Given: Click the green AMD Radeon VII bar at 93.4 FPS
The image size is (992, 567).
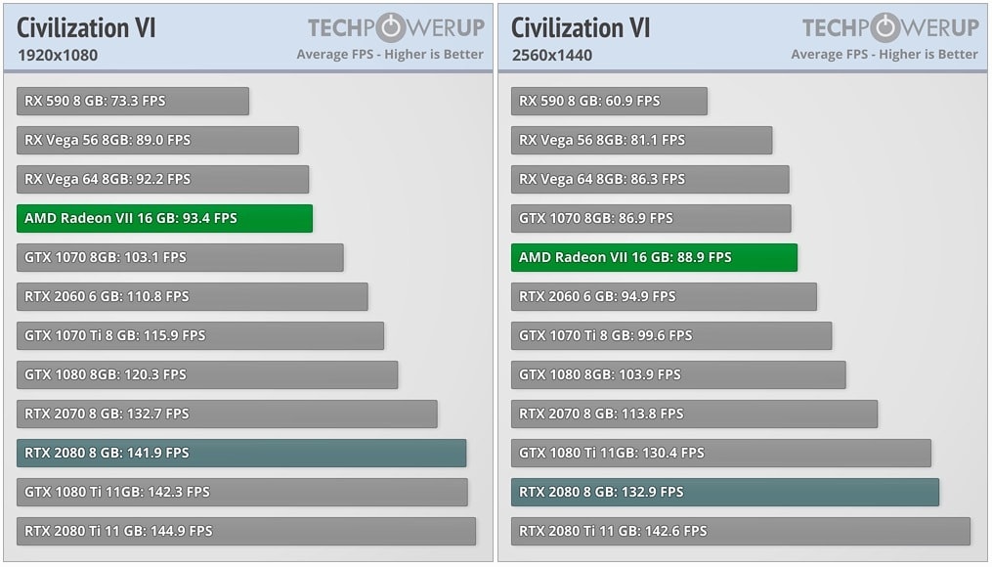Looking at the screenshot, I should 164,218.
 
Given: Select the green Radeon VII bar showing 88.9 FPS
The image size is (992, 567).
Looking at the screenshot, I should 654,257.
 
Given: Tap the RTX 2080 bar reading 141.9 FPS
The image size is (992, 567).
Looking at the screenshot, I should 241,453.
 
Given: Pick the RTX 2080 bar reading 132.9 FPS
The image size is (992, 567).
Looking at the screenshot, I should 724,492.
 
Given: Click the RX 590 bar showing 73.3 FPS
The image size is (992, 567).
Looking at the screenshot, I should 133,101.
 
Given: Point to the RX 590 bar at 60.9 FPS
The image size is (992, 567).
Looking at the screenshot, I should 609,101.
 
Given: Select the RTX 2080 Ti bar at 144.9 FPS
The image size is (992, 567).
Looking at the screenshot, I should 246,531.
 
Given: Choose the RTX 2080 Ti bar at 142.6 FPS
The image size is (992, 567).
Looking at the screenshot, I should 740,531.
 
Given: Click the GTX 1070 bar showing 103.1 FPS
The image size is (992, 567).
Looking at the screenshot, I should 180,257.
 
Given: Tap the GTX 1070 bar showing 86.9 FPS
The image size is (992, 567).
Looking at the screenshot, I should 651,218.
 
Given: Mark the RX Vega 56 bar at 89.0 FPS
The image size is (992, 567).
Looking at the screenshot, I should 157,140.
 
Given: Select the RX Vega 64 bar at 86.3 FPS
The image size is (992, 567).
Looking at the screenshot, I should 650,179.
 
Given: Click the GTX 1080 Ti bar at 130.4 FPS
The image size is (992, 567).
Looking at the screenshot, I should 720,453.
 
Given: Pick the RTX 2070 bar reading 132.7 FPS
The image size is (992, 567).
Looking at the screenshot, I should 227,414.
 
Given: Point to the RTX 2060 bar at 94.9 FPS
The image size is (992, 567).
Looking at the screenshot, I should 664,296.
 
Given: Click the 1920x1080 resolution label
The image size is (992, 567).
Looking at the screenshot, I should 58,55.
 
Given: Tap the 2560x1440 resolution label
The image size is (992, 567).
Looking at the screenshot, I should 552,55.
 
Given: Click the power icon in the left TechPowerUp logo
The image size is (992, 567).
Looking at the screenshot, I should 392,27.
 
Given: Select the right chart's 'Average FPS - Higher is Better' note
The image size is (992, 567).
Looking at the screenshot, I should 884,55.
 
